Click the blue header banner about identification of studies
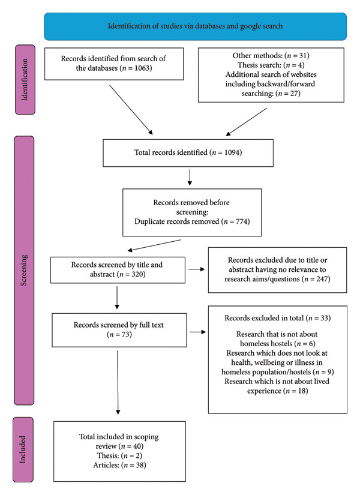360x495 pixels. click(x=195, y=26)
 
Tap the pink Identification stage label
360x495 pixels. click(x=25, y=80)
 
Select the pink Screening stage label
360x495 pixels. click(x=24, y=270)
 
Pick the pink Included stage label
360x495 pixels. click(x=23, y=449)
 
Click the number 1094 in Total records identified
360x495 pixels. click(x=232, y=152)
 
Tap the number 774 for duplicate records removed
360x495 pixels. click(x=242, y=221)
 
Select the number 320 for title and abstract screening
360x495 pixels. click(x=137, y=274)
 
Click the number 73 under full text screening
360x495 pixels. click(x=125, y=334)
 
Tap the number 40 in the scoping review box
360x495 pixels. click(x=137, y=446)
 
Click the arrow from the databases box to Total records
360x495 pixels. click(x=131, y=110)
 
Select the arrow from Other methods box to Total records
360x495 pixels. click(x=247, y=122)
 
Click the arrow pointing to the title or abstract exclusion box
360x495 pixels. click(x=197, y=269)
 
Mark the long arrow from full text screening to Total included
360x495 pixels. click(x=118, y=382)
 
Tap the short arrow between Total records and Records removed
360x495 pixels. click(x=190, y=178)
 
